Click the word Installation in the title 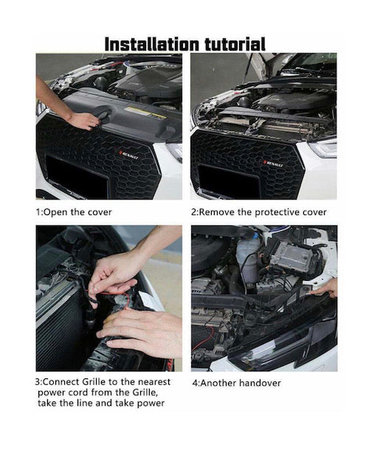pyautogui.click(x=152, y=44)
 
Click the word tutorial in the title pyautogui.click(x=235, y=44)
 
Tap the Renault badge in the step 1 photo pyautogui.click(x=128, y=155)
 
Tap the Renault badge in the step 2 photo pyautogui.click(x=273, y=163)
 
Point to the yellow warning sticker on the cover pyautogui.click(x=145, y=112)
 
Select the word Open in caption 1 pyautogui.click(x=57, y=212)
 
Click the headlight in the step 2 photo pyautogui.click(x=323, y=149)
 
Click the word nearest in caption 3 pyautogui.click(x=154, y=382)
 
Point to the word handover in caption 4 pyautogui.click(x=260, y=383)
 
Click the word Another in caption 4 pyautogui.click(x=218, y=383)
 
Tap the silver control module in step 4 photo pyautogui.click(x=291, y=256)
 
